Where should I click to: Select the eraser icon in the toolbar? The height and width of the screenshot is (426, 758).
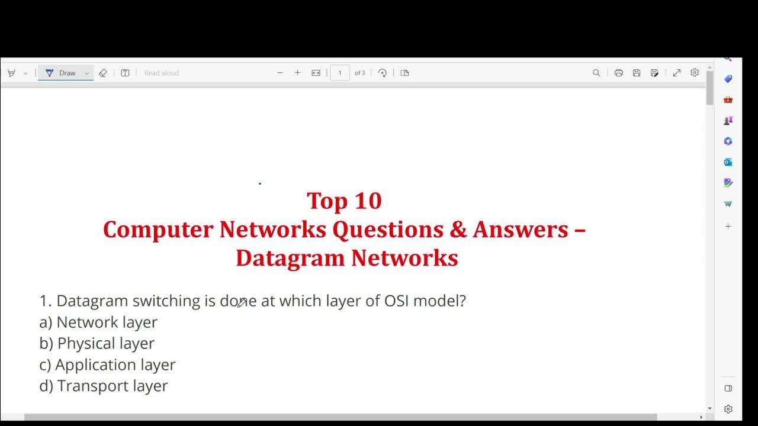(103, 73)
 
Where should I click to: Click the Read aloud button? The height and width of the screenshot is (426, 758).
(161, 73)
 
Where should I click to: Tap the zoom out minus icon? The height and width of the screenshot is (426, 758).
(280, 73)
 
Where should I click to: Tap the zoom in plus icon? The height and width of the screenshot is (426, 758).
(297, 73)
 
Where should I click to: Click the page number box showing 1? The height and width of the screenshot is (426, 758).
(340, 73)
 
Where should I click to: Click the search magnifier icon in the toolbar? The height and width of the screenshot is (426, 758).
(596, 73)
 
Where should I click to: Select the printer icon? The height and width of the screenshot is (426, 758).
(619, 73)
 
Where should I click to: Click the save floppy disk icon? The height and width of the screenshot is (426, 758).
(637, 73)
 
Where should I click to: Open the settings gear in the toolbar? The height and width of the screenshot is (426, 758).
(695, 73)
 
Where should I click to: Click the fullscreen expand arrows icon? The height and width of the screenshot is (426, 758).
(676, 73)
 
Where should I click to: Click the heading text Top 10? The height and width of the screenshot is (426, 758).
(344, 201)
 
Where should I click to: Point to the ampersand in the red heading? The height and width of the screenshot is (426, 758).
(458, 230)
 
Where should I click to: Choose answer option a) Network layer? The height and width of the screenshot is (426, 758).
(98, 322)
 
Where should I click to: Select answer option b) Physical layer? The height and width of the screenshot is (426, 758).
(97, 344)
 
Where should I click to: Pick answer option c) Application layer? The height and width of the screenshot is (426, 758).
(107, 365)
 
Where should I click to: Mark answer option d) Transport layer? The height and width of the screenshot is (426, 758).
(104, 386)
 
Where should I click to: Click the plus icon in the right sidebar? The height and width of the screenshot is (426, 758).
(728, 226)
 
